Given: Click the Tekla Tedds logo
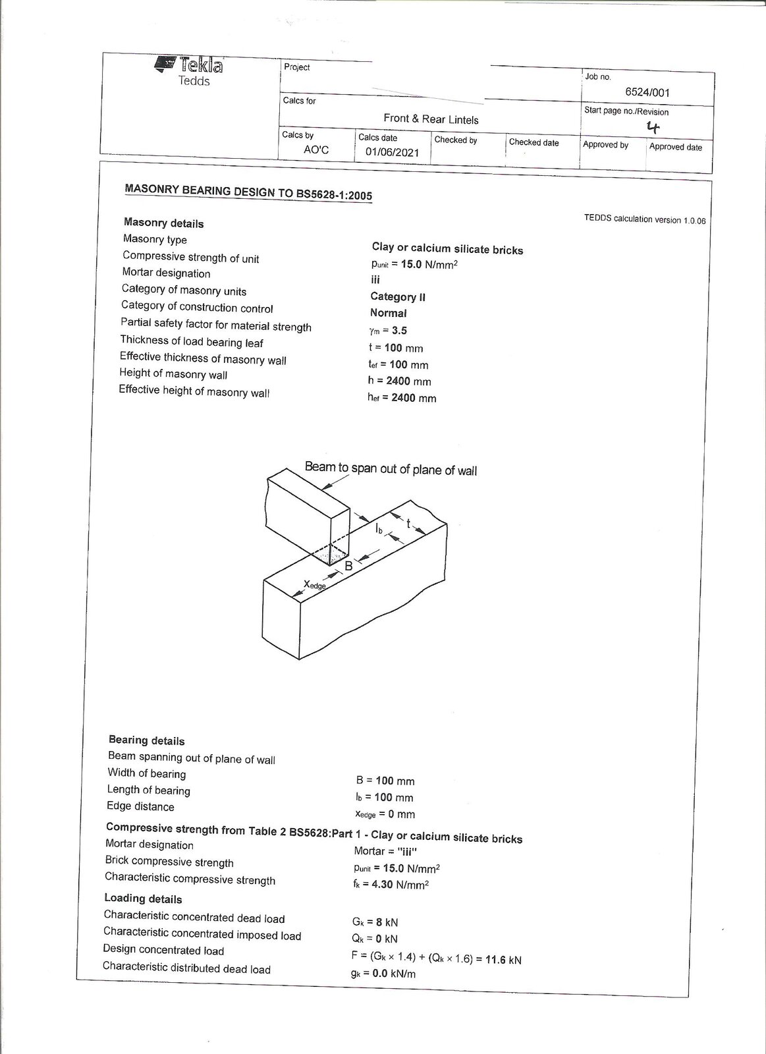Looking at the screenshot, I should click(190, 71).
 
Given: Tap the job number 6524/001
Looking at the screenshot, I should click(647, 93).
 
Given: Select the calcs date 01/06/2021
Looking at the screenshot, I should click(392, 152).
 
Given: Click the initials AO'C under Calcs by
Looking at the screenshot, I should click(315, 150).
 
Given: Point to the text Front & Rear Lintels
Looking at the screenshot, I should click(431, 119).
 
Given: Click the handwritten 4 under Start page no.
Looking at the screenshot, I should click(653, 127).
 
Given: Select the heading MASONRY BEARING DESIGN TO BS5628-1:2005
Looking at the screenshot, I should click(248, 192).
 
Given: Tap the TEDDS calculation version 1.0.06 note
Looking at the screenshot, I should click(644, 220).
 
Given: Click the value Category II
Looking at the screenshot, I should click(398, 297).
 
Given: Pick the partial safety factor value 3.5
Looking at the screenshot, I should click(399, 331).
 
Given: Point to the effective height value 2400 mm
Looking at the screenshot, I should click(413, 398).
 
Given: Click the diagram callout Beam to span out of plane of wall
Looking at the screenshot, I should click(391, 470).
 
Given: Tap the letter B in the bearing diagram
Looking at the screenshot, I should click(349, 566).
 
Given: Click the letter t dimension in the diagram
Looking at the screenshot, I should click(408, 524).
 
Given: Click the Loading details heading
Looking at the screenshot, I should click(143, 899).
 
